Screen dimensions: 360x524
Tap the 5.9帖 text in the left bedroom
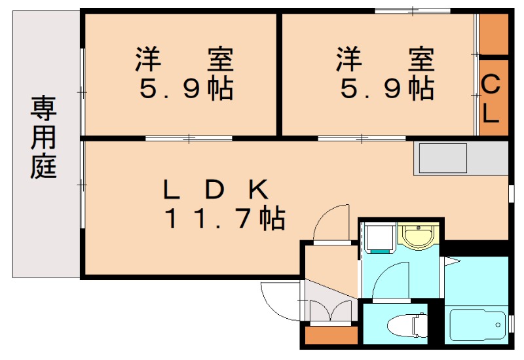[186, 88]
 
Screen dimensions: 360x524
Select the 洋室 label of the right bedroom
[385, 60]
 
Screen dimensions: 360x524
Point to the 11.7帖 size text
[224, 218]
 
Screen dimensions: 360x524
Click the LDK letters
[215, 190]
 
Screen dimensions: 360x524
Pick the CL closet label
[492, 98]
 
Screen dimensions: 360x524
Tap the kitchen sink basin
[443, 157]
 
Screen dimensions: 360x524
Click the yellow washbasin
[417, 234]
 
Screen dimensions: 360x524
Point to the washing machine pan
[379, 238]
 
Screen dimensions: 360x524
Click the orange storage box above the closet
[493, 34]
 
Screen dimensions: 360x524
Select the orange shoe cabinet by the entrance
[331, 335]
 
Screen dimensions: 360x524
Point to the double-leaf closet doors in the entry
[331, 312]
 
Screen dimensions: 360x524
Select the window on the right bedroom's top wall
[413, 10]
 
